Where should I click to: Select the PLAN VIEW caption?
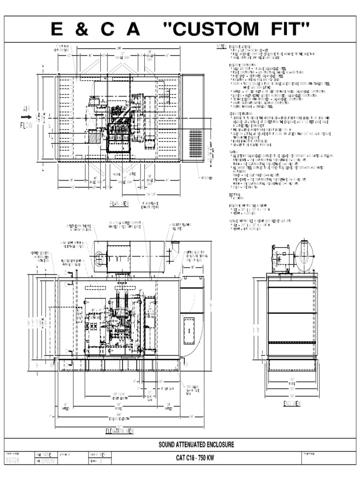coord(119,202)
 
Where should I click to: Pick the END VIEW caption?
coord(292,403)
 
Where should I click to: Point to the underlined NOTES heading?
coord(221,47)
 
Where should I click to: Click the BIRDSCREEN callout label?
coord(205,178)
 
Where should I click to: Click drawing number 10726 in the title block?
coord(13,462)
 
